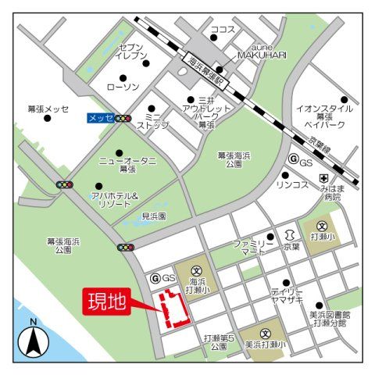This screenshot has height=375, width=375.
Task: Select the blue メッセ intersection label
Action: pos(99,119)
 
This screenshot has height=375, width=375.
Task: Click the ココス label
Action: pos(223,29)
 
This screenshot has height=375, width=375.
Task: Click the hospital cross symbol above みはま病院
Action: pos(323,180)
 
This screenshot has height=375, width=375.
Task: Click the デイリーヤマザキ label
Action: pos(287,295)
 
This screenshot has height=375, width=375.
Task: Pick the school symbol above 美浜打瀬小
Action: pos(265,332)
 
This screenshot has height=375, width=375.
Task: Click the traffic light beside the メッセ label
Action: pos(123,119)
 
